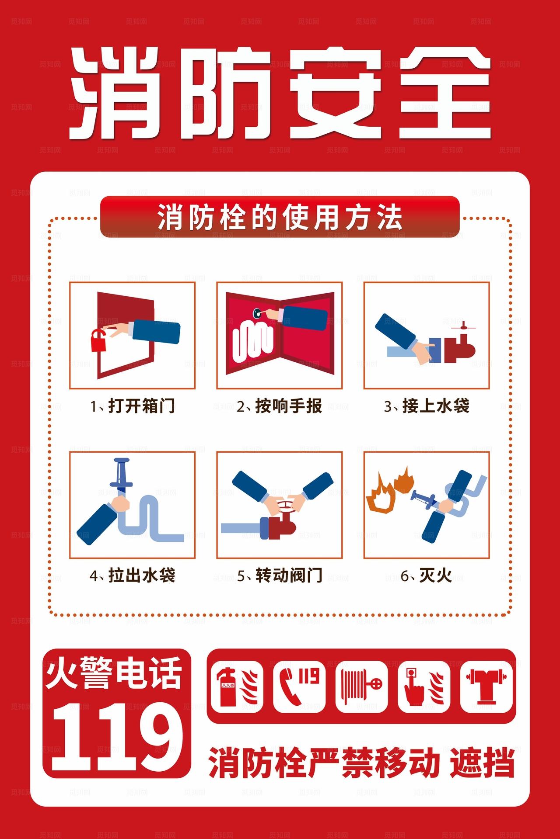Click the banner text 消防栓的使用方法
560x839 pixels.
click(x=280, y=217)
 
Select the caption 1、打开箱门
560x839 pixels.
click(x=132, y=406)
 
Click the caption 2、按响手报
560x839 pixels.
click(x=279, y=406)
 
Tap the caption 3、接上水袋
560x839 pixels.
click(x=426, y=406)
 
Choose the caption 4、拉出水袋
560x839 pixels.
click(x=132, y=575)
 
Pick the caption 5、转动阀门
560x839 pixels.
click(x=279, y=575)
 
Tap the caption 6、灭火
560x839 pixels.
click(x=426, y=575)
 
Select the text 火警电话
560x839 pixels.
click(x=114, y=674)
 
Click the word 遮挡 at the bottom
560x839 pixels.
click(x=482, y=763)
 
